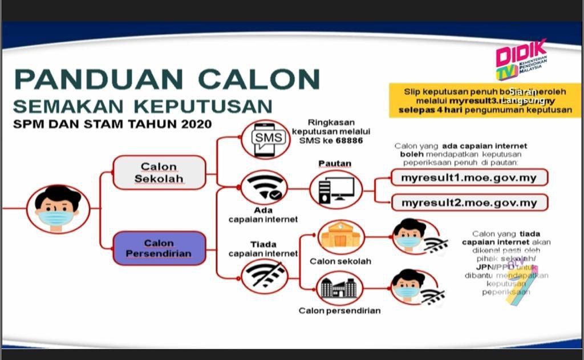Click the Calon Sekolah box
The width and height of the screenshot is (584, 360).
[x=159, y=172]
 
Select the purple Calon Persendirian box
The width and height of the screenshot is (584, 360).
[x=159, y=248]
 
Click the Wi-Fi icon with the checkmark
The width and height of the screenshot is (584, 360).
[x=264, y=188]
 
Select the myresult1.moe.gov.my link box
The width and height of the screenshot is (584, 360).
[x=469, y=177]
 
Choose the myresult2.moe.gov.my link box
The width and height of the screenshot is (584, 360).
[x=469, y=203]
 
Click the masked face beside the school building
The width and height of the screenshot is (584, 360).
[x=408, y=235]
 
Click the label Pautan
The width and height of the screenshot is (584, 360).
[x=335, y=164]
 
